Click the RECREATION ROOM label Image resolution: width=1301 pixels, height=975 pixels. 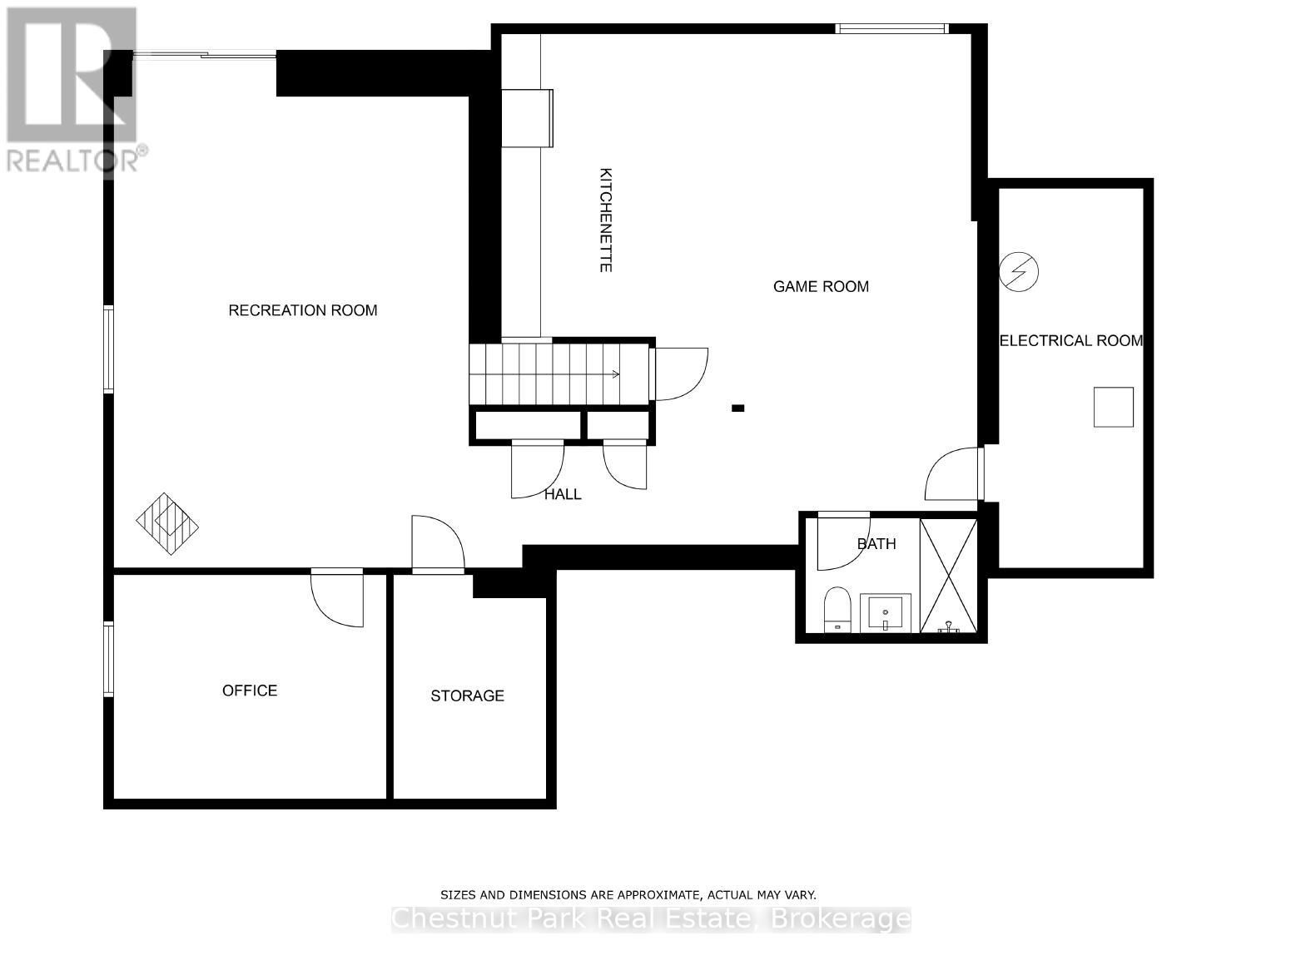303,310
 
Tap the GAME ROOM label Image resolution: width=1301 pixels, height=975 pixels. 821,286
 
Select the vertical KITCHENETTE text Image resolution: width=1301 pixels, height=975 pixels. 606,220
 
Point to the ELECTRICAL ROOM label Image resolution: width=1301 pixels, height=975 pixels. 1070,340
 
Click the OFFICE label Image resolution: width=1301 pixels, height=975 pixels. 250,690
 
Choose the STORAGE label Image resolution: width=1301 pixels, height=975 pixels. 467,695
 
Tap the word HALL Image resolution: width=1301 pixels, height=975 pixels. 563,494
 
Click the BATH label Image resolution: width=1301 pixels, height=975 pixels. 876,543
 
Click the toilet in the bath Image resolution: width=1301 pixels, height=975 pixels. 836,609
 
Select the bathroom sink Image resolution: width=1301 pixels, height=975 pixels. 885,613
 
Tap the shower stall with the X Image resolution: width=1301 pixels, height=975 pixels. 948,575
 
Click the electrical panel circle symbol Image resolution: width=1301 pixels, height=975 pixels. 1019,271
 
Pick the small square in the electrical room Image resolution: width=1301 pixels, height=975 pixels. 1113,407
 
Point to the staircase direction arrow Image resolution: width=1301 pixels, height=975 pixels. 614,374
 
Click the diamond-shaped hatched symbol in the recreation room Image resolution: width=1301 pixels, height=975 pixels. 168,523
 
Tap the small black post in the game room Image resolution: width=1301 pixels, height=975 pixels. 737,408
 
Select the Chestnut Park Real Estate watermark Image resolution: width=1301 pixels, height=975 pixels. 651,919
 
